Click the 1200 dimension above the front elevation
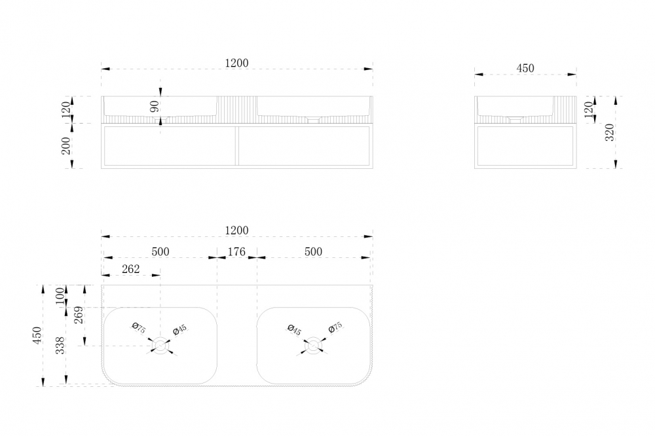click(x=236, y=63)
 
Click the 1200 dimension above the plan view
click(x=236, y=230)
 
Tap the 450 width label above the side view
click(x=525, y=68)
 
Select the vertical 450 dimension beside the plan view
click(x=37, y=335)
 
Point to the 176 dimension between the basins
click(x=236, y=252)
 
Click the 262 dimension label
click(x=131, y=269)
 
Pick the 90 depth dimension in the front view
click(x=155, y=107)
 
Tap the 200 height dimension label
click(x=66, y=146)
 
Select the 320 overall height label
click(x=609, y=132)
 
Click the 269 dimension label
click(x=79, y=316)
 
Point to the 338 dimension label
click(x=60, y=346)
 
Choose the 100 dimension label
click(x=60, y=296)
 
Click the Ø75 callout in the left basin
click(x=138, y=328)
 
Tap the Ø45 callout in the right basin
click(x=295, y=330)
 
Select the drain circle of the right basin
click(x=313, y=346)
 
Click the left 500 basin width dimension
click(x=160, y=252)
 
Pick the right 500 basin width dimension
click(x=313, y=252)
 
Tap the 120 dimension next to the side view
click(x=589, y=110)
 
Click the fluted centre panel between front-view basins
click(x=237, y=110)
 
